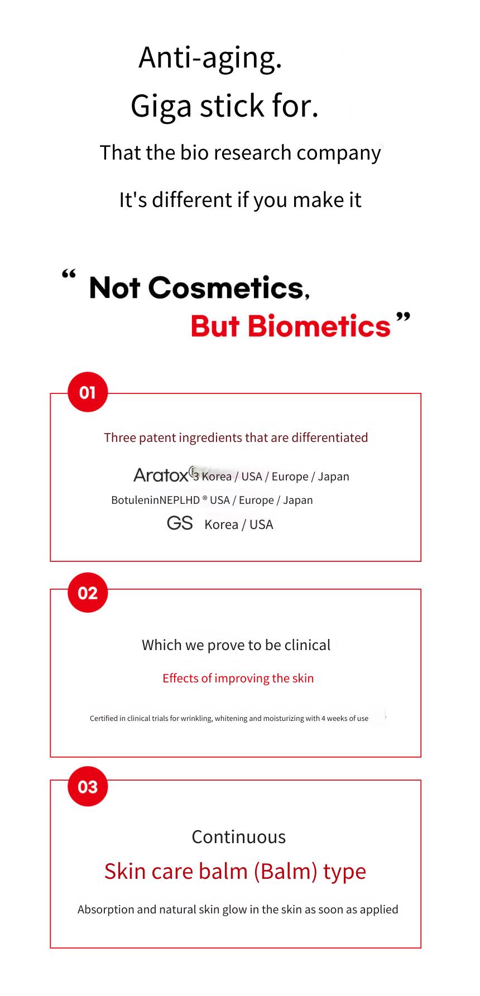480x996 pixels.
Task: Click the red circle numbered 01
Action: point(88,392)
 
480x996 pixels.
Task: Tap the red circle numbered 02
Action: point(88,593)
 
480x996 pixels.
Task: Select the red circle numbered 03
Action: point(88,787)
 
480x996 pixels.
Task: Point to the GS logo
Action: point(180,523)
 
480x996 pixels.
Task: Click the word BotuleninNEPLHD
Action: point(155,500)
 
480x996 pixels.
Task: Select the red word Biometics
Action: point(319,326)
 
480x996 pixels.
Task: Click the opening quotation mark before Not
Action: point(69,274)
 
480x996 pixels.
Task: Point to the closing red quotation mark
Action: point(403,318)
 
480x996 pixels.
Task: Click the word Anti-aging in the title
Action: point(210,58)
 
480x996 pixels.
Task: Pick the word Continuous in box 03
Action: point(239,837)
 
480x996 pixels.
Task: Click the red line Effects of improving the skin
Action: point(238,679)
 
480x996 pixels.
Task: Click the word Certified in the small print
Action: point(104,719)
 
